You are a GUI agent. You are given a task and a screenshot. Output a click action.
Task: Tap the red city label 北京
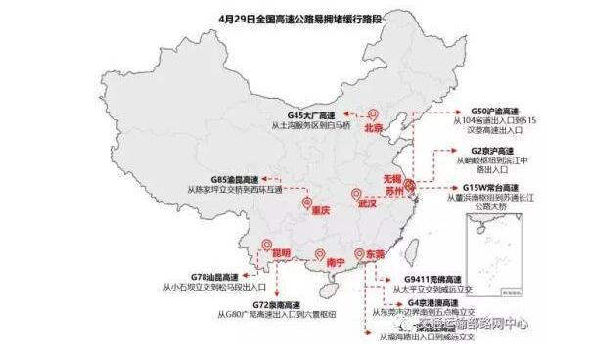pos(372,128)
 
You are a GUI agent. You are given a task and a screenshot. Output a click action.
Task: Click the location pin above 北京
pos(371,114)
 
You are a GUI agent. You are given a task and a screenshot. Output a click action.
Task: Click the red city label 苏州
pos(392,193)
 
